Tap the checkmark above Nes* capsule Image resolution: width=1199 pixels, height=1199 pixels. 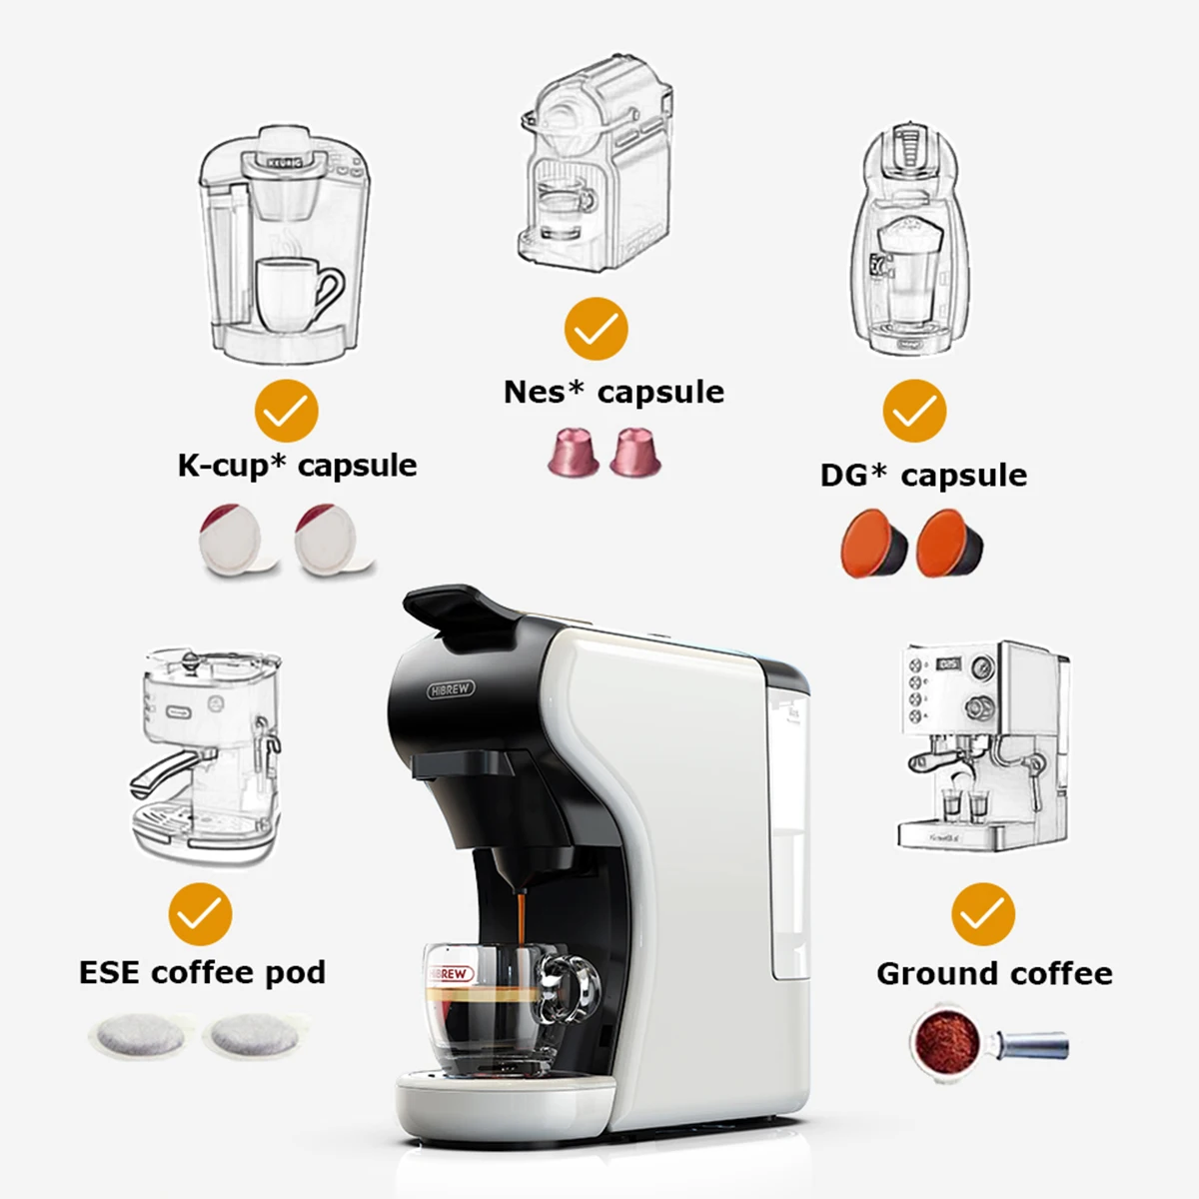(596, 329)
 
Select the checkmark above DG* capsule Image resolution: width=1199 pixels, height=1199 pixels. (914, 411)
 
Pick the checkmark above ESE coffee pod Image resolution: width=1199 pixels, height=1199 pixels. (200, 913)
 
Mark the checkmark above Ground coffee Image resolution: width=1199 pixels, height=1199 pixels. (983, 913)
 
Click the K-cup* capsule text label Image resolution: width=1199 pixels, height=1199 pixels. (297, 466)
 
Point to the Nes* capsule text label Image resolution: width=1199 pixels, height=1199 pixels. (613, 392)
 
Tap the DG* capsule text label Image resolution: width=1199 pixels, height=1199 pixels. (923, 475)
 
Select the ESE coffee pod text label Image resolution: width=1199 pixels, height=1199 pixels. (202, 972)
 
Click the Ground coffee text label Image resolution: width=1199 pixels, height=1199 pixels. (994, 973)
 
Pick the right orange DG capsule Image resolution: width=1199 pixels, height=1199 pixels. (950, 543)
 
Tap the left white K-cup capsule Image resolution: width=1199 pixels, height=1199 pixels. (232, 541)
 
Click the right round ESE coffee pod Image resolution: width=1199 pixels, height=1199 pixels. (250, 1036)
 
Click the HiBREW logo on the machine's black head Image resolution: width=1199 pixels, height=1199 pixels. (452, 689)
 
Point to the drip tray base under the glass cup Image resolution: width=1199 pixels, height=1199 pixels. (505, 1099)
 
